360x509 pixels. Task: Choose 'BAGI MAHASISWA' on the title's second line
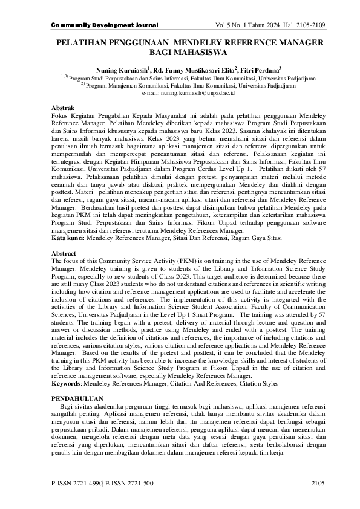pos(180,53)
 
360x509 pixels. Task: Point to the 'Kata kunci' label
pos(67,256)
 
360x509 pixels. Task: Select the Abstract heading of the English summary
pos(64,270)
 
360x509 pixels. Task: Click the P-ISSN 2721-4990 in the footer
pos(77,499)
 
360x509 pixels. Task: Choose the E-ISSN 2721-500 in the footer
pos(129,499)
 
